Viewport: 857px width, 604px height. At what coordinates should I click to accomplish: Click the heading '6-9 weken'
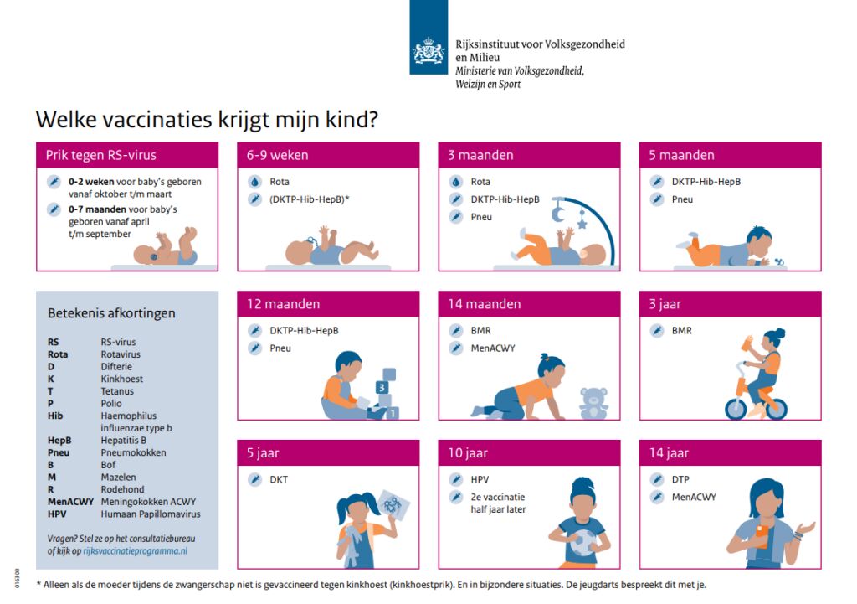(277, 155)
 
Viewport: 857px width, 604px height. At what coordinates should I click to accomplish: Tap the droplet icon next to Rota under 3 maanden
(456, 182)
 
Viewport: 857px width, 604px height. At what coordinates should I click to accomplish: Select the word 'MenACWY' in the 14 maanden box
(492, 348)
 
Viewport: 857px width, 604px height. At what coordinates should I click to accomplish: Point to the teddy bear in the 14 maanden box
(593, 403)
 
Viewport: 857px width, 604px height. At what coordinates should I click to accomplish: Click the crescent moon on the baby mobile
(557, 214)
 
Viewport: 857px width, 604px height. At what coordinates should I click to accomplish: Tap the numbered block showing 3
(382, 387)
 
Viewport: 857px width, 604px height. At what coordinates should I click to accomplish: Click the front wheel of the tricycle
(736, 408)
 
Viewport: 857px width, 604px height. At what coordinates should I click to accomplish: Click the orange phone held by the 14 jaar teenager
(762, 535)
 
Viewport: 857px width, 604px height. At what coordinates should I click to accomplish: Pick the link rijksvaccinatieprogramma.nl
(135, 551)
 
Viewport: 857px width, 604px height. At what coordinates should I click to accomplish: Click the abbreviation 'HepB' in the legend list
(59, 441)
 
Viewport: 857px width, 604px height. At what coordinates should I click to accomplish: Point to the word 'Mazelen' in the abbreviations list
(118, 477)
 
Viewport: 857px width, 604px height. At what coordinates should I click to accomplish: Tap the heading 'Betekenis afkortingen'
(111, 313)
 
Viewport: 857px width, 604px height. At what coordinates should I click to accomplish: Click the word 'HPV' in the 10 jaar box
(480, 479)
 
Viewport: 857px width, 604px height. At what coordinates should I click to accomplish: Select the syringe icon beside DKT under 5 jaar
(254, 479)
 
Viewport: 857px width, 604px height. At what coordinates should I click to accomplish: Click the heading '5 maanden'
(681, 155)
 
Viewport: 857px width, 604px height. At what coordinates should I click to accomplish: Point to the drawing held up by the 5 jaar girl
(393, 505)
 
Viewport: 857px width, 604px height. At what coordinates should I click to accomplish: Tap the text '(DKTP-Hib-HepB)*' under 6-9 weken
(310, 199)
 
